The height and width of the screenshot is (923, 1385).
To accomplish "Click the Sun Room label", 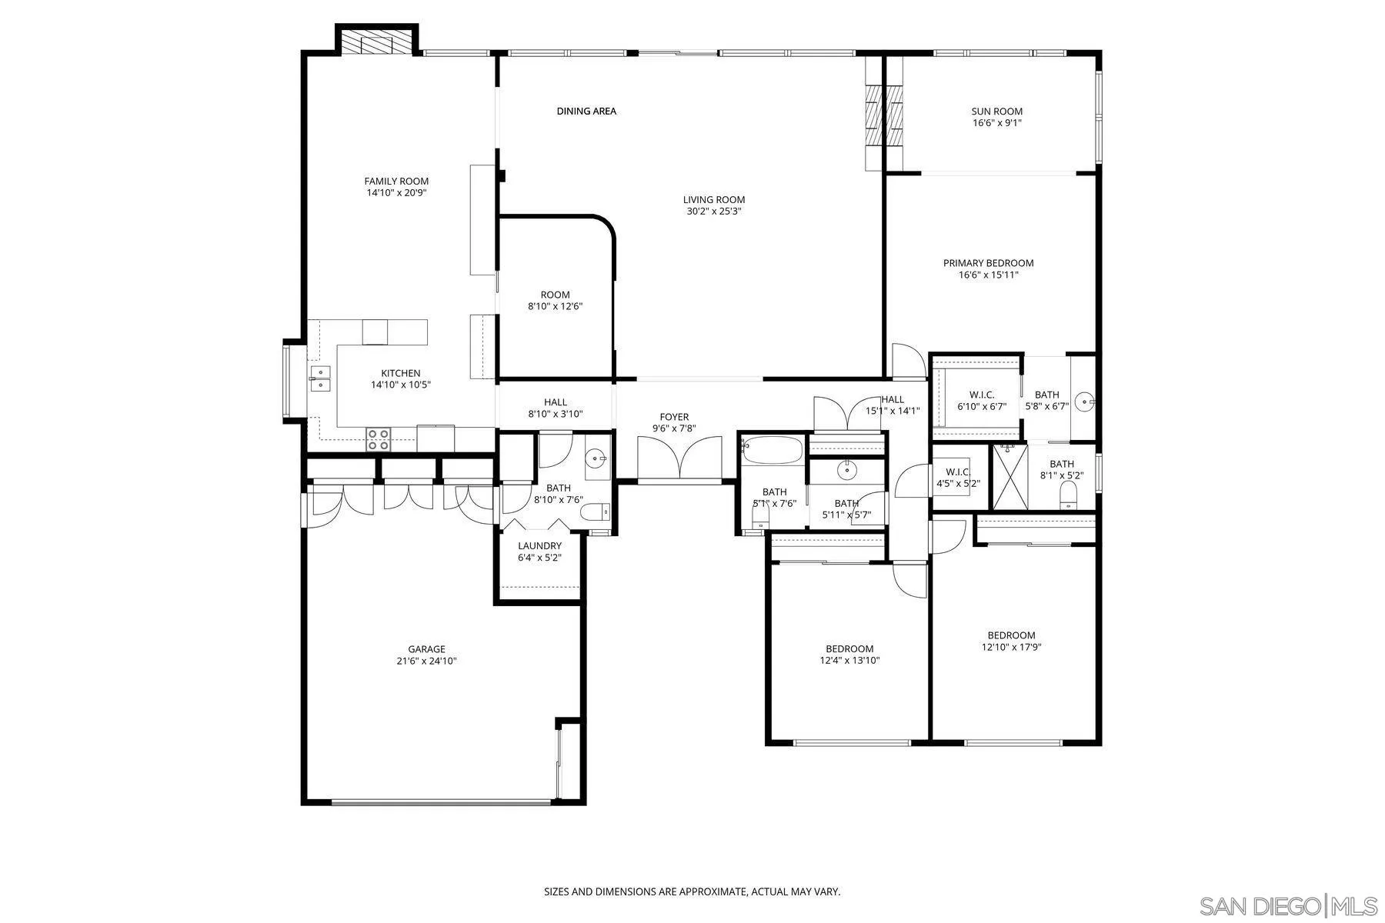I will (x=996, y=112).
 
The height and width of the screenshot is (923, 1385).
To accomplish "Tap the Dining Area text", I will (x=586, y=112).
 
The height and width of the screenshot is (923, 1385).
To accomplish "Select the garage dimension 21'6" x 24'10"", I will (x=426, y=661).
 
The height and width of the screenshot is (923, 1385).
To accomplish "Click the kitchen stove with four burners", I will (x=378, y=440).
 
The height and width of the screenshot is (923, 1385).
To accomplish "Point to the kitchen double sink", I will (x=320, y=379).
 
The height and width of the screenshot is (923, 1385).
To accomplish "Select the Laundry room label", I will (x=539, y=546).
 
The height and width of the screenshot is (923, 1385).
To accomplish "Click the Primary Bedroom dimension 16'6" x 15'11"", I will (x=988, y=275).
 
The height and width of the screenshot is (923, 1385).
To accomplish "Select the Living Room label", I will (x=714, y=200).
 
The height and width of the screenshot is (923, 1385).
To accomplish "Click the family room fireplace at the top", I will (x=377, y=42).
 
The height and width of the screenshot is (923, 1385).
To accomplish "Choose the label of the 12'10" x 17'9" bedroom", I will (x=1011, y=635).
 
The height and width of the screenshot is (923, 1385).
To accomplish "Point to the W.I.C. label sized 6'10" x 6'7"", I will (x=981, y=395).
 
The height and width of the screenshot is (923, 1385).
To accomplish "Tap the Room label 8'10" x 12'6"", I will (x=555, y=295).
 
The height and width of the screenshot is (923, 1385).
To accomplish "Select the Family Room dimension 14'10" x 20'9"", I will (x=396, y=193).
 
